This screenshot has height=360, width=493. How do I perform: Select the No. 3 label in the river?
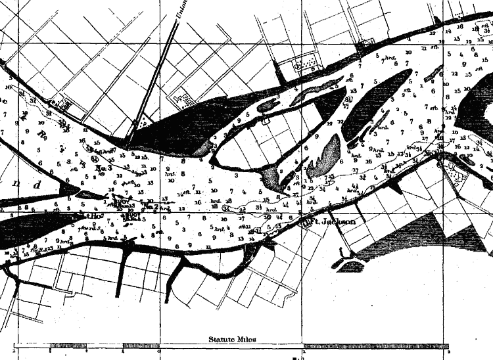(x=104, y=168)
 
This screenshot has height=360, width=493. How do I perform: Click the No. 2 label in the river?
(x=151, y=207)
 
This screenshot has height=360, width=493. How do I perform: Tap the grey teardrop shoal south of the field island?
(x=323, y=158)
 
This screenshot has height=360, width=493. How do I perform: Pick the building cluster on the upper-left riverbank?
(x=62, y=103)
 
